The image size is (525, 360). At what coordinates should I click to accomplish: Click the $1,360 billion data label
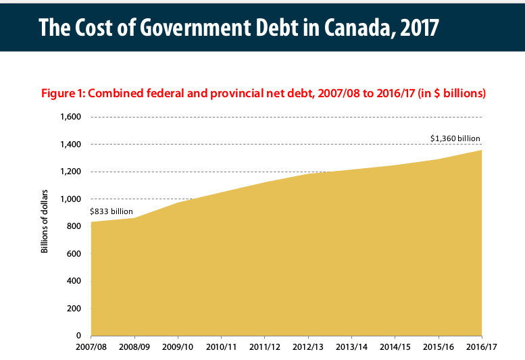point(455,138)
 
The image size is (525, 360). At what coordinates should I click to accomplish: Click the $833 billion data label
point(111,211)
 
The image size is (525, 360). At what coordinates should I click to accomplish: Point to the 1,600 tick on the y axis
point(70,117)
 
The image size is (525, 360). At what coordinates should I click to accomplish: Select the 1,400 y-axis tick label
point(70,145)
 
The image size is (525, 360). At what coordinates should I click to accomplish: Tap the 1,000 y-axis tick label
point(70,199)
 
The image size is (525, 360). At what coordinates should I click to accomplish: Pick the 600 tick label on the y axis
point(74,254)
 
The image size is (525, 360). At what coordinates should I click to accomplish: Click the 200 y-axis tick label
point(74,309)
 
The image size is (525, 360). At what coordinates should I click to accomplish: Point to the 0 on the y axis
point(78,336)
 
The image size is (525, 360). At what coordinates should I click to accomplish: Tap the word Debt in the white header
point(249,27)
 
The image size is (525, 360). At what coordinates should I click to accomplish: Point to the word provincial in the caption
point(220,93)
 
